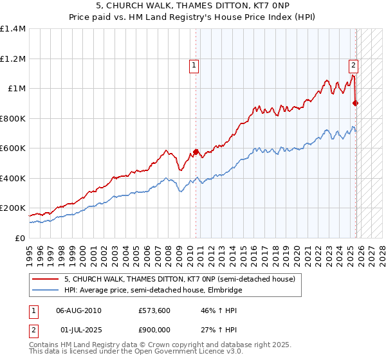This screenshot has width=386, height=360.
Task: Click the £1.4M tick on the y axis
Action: click(x=13, y=29)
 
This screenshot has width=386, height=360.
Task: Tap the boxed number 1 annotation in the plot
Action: click(x=194, y=64)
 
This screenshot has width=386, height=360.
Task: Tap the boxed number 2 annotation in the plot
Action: click(x=353, y=64)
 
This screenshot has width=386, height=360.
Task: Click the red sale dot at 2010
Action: click(x=196, y=152)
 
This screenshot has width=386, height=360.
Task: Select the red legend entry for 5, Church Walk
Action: click(x=179, y=280)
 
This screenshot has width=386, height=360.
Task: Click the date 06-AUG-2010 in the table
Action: click(x=78, y=310)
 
